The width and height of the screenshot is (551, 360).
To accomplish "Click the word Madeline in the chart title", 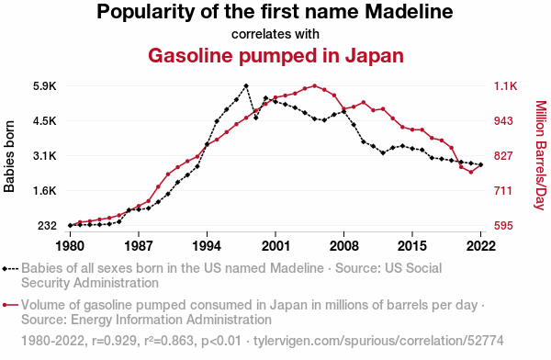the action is pyautogui.click(x=409, y=11).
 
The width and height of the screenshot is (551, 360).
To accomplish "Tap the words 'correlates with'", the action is pyautogui.click(x=275, y=34).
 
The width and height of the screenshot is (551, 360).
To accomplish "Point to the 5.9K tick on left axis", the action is pyautogui.click(x=45, y=86).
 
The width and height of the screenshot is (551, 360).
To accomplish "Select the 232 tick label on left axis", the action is pyautogui.click(x=47, y=225).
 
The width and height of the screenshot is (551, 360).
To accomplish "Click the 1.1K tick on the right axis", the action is pyautogui.click(x=506, y=86).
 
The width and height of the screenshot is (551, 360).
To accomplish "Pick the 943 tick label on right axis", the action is pyautogui.click(x=503, y=121).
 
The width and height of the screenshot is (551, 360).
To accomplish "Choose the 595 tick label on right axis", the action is pyautogui.click(x=503, y=225).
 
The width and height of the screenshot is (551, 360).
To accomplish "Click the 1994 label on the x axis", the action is pyautogui.click(x=207, y=246).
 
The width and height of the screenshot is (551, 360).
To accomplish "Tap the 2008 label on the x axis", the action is pyautogui.click(x=344, y=246).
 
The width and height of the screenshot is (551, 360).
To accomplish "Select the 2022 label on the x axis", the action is pyautogui.click(x=480, y=246).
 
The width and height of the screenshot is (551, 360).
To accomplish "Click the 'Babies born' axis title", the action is pyautogui.click(x=9, y=156).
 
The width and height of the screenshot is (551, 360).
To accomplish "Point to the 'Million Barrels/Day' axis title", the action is pyautogui.click(x=541, y=155).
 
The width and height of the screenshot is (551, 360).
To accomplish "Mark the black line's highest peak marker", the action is pyautogui.click(x=246, y=85).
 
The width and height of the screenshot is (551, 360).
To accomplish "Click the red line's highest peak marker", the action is pyautogui.click(x=314, y=85).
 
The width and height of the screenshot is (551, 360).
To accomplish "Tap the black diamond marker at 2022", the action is pyautogui.click(x=480, y=164).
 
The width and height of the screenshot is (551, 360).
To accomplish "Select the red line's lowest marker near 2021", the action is pyautogui.click(x=471, y=173).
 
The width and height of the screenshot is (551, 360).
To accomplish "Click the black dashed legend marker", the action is pyautogui.click(x=10, y=269).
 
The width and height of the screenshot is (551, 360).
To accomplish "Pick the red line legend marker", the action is pyautogui.click(x=10, y=305).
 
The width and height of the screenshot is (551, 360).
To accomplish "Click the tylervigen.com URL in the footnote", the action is pyautogui.click(x=378, y=341).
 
